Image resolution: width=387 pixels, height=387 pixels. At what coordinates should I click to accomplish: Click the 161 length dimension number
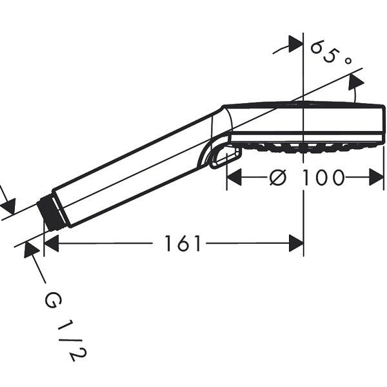(183, 244)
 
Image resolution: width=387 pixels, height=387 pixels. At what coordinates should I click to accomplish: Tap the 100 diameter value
(323, 177)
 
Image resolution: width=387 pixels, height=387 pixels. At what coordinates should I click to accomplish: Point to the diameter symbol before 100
(278, 177)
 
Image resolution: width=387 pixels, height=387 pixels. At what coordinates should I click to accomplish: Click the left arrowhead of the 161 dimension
(51, 244)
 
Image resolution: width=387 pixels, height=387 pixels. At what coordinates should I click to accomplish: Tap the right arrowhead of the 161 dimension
(296, 244)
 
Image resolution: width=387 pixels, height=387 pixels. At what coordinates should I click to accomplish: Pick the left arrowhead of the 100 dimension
(234, 177)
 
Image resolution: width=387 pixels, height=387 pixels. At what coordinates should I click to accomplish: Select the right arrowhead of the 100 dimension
(377, 177)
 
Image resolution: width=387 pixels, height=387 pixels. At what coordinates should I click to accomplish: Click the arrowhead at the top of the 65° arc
(295, 44)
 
